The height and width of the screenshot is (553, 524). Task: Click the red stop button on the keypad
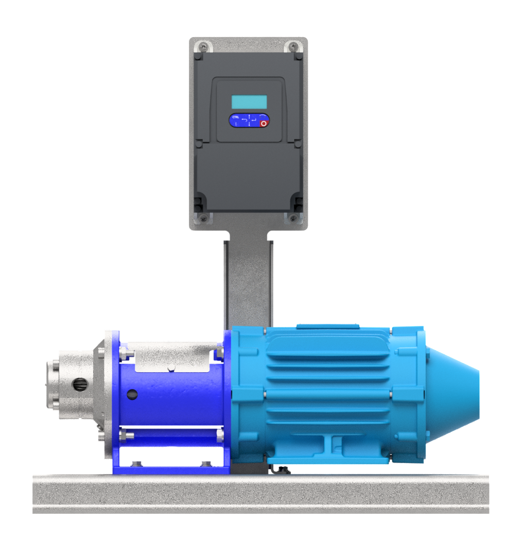pyautogui.click(x=264, y=124)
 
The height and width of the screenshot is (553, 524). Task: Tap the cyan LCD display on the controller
pyautogui.click(x=249, y=101)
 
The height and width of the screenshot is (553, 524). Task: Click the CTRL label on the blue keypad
pyautogui.click(x=235, y=117)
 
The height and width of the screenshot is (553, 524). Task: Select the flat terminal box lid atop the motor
pyautogui.click(x=328, y=326)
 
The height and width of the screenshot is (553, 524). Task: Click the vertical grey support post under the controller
pyautogui.click(x=249, y=281)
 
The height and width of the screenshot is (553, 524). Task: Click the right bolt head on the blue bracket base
pyautogui.click(x=206, y=463)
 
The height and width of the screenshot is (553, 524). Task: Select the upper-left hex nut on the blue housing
pyautogui.click(x=124, y=353)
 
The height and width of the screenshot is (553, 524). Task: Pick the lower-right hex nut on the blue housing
pyautogui.click(x=220, y=436)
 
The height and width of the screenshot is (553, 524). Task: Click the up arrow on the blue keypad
pyautogui.click(x=249, y=118)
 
